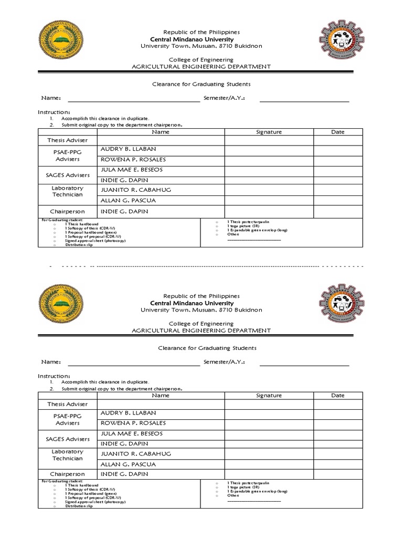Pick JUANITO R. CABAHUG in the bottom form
pos(135,453)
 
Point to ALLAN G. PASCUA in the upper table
pos(128,200)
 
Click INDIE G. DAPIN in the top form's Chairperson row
pos(124,211)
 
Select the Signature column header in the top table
pos(269,132)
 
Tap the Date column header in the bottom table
pos(338,396)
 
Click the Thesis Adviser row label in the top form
pos(67,140)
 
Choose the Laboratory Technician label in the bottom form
pos(67,455)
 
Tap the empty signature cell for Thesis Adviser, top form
pos(269,140)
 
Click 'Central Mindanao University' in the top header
pos(192,39)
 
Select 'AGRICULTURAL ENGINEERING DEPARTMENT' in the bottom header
pos(201,330)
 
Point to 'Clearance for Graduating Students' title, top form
pos(201,84)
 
